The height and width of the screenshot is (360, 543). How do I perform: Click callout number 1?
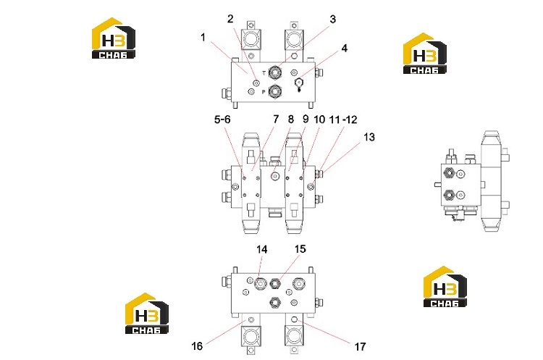[x=203, y=38]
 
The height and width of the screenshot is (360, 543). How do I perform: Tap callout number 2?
[x=230, y=19]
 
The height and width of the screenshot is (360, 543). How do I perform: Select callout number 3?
[x=332, y=19]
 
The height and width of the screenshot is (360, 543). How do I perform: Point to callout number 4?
[x=344, y=48]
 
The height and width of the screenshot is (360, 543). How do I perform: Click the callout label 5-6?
[x=222, y=120]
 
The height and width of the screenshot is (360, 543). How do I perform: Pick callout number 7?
[x=276, y=120]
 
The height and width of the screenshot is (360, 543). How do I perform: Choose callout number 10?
[x=319, y=120]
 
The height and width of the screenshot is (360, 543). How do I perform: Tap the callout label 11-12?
[x=343, y=120]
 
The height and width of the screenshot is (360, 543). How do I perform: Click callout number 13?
[x=369, y=137]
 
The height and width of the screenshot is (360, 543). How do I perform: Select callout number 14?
[x=262, y=249]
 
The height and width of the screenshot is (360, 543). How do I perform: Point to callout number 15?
[x=300, y=249]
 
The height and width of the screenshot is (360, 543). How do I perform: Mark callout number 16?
[x=197, y=346]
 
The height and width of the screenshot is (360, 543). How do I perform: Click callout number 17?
[x=360, y=346]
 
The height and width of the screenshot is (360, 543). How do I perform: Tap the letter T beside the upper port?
[x=264, y=73]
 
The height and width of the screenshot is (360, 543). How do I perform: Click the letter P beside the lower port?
[x=264, y=92]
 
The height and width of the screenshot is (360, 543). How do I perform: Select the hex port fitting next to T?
[x=275, y=72]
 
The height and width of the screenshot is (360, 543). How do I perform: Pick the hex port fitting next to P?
[x=275, y=91]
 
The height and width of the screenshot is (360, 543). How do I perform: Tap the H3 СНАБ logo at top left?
[x=113, y=38]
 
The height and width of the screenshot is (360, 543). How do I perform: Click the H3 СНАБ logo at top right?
[x=425, y=54]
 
